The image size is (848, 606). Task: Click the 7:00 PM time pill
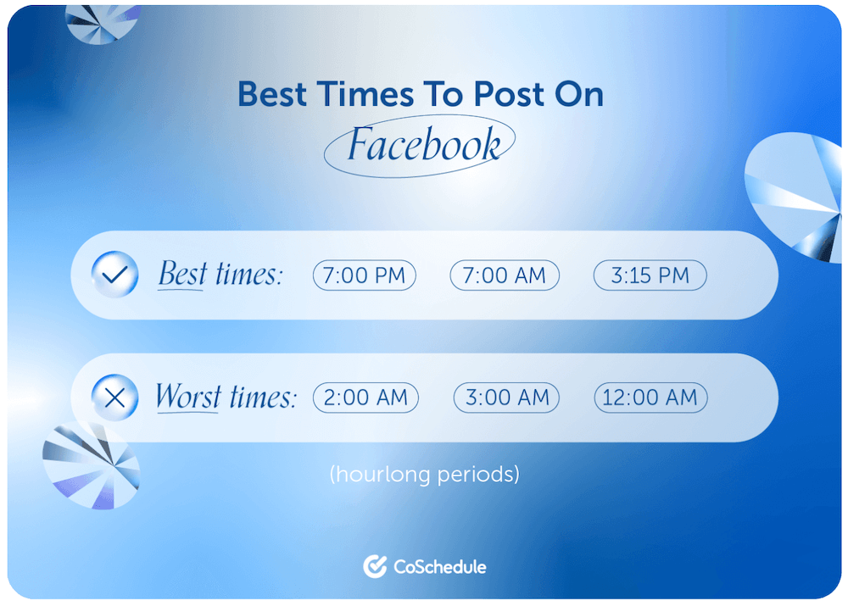pos(364,275)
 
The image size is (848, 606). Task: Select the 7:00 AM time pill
pos(504,275)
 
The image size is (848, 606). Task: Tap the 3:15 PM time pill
pos(650,275)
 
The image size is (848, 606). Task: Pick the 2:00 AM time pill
pos(365,398)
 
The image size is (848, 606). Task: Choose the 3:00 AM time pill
pos(506,398)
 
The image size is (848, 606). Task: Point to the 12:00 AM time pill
pos(650,398)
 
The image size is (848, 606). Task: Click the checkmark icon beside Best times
pos(114,274)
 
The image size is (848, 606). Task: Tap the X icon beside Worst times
pos(114,398)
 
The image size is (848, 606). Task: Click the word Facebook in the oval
pos(423,144)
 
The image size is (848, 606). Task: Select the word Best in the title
pos(272,94)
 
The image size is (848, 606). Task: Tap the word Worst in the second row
pos(188,397)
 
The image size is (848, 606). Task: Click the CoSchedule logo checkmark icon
pos(375,566)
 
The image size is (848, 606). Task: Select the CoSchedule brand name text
pos(439,566)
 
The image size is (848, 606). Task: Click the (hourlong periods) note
pos(425,474)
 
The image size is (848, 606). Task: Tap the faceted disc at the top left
pos(102,23)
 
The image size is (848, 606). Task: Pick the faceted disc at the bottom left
pos(91,465)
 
